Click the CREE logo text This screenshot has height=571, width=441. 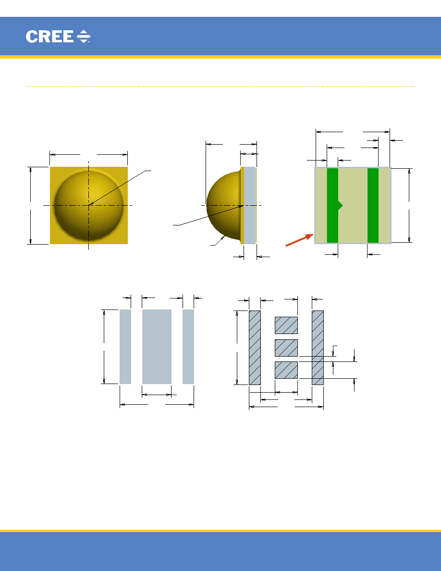(49, 37)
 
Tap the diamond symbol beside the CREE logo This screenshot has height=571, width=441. (84, 37)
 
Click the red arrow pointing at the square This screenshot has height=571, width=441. (299, 240)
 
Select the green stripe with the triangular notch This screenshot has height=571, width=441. (333, 205)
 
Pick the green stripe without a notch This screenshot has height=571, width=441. (373, 205)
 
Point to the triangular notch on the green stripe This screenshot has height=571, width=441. (341, 205)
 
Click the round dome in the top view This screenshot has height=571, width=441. (89, 206)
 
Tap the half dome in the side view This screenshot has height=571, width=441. (223, 205)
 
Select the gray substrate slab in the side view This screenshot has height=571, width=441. (250, 205)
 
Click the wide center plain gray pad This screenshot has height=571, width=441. (157, 347)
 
